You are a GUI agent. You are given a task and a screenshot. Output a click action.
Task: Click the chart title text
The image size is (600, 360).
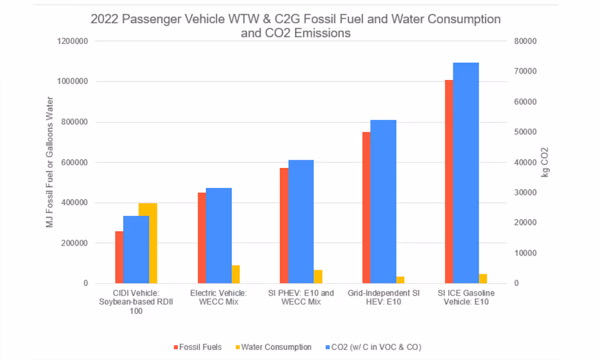295,26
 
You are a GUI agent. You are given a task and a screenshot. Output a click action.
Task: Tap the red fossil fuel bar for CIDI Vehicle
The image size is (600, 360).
119,257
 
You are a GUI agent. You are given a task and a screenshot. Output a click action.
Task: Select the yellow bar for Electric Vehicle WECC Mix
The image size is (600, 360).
236,274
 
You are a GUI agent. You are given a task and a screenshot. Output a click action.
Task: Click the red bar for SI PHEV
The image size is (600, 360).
284,226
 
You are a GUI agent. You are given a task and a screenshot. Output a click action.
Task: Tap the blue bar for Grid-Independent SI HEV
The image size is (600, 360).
383,202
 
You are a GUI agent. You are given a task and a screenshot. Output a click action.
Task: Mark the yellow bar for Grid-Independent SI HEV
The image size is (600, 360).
400,280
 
